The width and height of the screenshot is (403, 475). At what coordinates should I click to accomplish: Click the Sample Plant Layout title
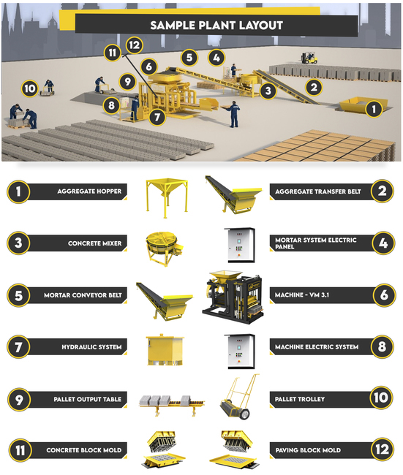pyautogui.click(x=216, y=26)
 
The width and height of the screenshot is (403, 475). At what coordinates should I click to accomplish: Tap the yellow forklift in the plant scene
pyautogui.click(x=309, y=58)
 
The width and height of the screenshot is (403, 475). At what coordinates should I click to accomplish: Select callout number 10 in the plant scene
pyautogui.click(x=30, y=88)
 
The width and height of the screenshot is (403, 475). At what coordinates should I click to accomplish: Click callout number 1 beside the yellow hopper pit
pyautogui.click(x=374, y=109)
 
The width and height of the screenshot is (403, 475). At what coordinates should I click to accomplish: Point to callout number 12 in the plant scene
pyautogui.click(x=135, y=45)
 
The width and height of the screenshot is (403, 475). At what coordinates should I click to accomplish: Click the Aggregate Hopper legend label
pyautogui.click(x=89, y=191)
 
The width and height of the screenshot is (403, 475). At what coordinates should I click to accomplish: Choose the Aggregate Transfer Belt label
pyautogui.click(x=317, y=191)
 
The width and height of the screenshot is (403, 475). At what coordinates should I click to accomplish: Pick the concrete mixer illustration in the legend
pyautogui.click(x=162, y=248)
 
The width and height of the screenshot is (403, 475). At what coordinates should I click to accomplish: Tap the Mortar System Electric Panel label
pyautogui.click(x=316, y=243)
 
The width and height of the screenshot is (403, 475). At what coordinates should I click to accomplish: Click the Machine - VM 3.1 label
pyautogui.click(x=302, y=295)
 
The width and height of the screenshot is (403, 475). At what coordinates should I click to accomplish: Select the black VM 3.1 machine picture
pyautogui.click(x=232, y=297)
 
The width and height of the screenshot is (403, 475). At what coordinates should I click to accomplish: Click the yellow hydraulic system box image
pyautogui.click(x=165, y=350)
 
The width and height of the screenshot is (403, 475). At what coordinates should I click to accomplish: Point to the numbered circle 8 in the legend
pyautogui.click(x=382, y=346)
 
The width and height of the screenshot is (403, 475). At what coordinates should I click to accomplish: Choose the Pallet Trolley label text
pyautogui.click(x=300, y=399)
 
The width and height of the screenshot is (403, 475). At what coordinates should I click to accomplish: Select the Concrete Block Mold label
pyautogui.click(x=84, y=450)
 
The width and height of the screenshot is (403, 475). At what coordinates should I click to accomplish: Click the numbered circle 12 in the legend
pyautogui.click(x=382, y=449)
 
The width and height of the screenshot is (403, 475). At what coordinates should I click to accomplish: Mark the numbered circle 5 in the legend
pyautogui.click(x=18, y=295)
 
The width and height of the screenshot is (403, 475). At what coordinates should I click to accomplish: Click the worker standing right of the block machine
pyautogui.click(x=234, y=114)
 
